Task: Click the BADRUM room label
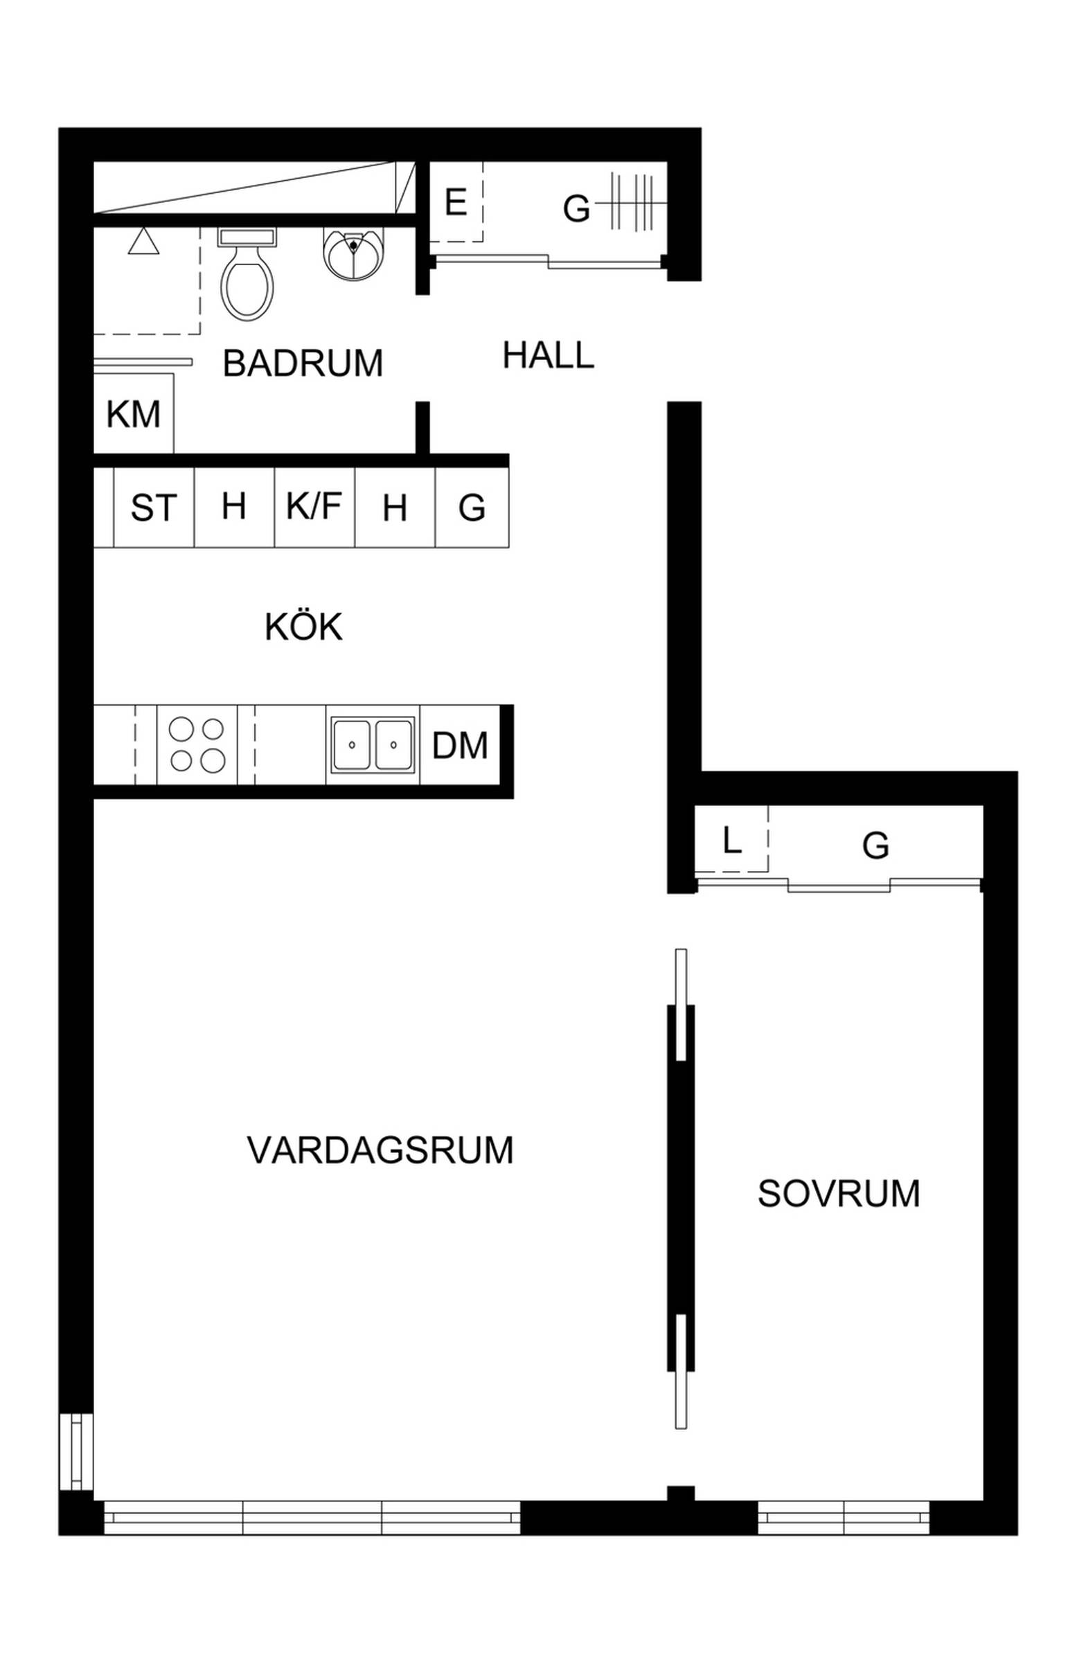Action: (303, 363)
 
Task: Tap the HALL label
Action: (549, 355)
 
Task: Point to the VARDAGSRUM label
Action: (380, 1150)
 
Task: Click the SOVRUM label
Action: (839, 1193)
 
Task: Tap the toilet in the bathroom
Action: (247, 274)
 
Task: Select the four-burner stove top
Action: (197, 744)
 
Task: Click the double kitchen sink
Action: (373, 744)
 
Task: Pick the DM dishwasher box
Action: (460, 744)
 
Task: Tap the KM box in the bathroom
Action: (134, 413)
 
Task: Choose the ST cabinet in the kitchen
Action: (154, 507)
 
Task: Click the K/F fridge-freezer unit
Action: (314, 507)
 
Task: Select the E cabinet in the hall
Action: (456, 202)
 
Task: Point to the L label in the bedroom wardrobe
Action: (731, 840)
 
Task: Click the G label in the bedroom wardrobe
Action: (875, 845)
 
